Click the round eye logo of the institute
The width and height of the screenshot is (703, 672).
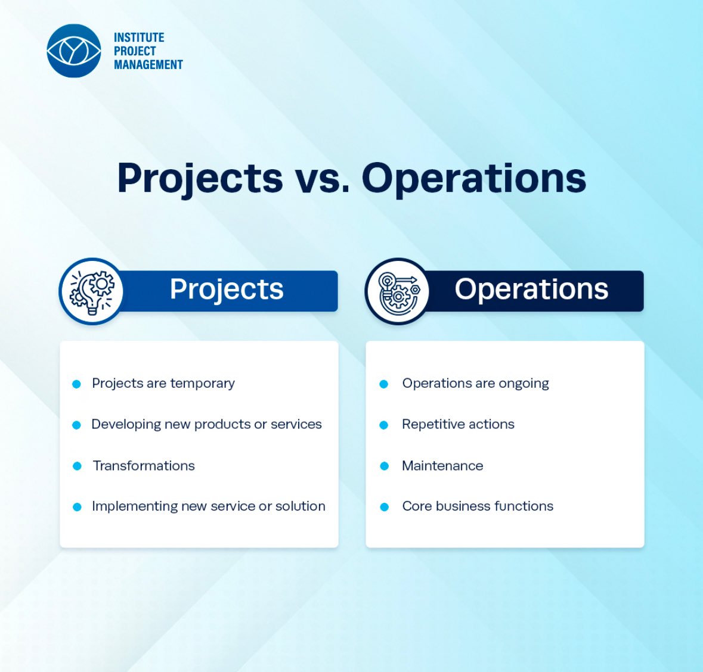(74, 51)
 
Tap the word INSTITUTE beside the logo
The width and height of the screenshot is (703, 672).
(139, 38)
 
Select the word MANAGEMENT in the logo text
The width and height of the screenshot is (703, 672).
(148, 64)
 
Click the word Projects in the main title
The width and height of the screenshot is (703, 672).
(200, 178)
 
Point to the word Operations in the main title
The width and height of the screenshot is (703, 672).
(474, 178)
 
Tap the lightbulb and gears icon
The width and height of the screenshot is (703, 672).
(91, 291)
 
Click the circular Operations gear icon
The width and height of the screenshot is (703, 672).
(397, 291)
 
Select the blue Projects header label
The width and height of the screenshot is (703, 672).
(227, 290)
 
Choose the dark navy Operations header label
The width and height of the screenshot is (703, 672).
(531, 290)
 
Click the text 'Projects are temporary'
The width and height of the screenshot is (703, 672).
(163, 383)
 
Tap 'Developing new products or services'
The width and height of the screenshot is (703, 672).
(206, 424)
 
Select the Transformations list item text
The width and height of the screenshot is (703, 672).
(144, 466)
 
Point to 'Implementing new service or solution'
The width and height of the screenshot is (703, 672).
(209, 506)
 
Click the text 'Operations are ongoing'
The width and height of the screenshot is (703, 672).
(475, 383)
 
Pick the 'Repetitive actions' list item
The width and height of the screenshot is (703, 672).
(458, 424)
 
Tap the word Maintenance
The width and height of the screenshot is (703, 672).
(442, 466)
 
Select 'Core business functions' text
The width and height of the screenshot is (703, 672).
(478, 506)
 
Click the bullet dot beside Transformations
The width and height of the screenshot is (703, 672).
(77, 466)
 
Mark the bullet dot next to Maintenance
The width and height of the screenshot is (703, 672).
(384, 466)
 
